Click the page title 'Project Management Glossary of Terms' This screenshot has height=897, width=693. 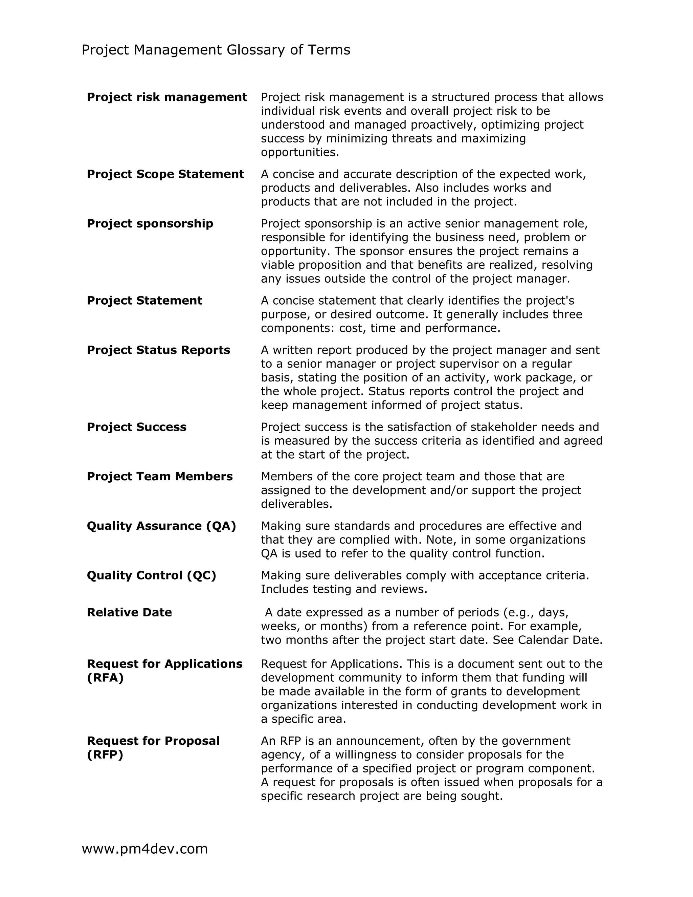(x=216, y=50)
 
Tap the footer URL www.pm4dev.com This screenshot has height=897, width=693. (x=144, y=849)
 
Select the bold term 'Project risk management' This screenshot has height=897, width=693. (x=167, y=97)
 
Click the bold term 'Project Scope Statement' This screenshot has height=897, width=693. (x=165, y=174)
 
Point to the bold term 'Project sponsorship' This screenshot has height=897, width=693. (x=150, y=223)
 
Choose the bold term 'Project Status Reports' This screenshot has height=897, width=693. (x=158, y=350)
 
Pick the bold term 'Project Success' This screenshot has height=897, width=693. (x=136, y=427)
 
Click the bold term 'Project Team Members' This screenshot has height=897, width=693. (x=159, y=477)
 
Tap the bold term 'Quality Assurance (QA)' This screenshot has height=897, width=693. (x=161, y=526)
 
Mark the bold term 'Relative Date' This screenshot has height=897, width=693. (x=129, y=612)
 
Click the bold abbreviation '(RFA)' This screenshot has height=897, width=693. (x=105, y=678)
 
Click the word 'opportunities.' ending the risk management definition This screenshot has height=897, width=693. (x=300, y=152)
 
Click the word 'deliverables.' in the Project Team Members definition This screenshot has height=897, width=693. (x=296, y=504)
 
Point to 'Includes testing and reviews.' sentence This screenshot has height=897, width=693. (x=344, y=589)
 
